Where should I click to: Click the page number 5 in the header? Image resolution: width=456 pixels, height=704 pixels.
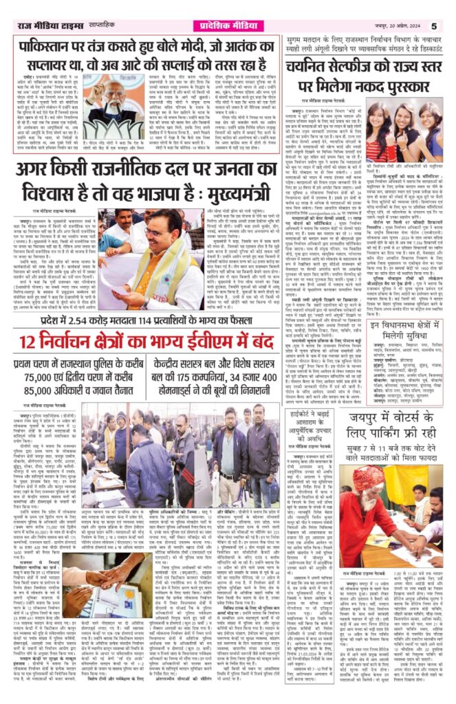point(444,7)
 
